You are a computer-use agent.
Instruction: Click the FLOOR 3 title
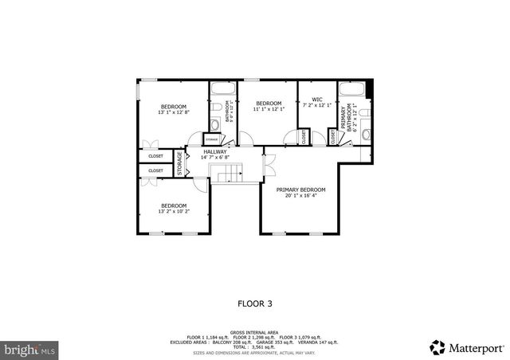tap(255, 303)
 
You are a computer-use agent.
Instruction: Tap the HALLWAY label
tap(215, 151)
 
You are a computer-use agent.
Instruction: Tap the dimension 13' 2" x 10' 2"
tap(173, 212)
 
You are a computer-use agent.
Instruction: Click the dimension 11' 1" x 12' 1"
tap(269, 109)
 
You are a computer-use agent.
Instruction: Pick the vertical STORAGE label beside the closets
tap(180, 162)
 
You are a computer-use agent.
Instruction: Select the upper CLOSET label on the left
tap(155, 156)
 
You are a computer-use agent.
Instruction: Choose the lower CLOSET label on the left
tap(155, 170)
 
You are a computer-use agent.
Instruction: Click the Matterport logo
tap(467, 346)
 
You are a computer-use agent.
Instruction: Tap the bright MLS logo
tap(29, 349)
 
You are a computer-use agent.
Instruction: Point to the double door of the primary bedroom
tap(269, 164)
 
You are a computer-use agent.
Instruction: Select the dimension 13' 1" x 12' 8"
tap(173, 112)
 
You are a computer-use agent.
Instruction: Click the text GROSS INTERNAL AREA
tap(254, 332)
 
